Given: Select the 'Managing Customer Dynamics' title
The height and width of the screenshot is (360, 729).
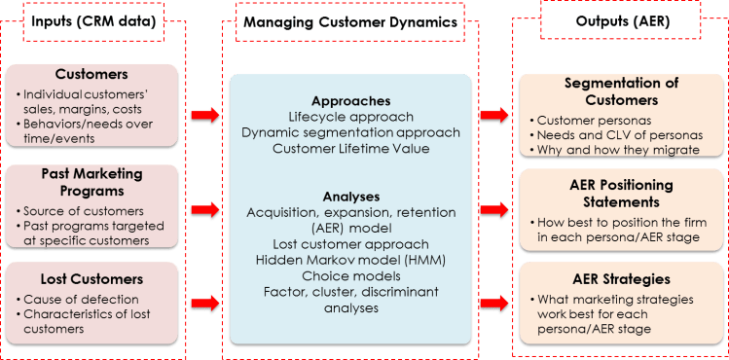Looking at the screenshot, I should pyautogui.click(x=350, y=21).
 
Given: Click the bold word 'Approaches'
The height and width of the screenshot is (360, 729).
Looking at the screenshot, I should pyautogui.click(x=350, y=101).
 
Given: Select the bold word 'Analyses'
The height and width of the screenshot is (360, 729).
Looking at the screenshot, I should pyautogui.click(x=350, y=195).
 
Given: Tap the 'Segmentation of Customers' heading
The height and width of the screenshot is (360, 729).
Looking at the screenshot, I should pyautogui.click(x=621, y=90).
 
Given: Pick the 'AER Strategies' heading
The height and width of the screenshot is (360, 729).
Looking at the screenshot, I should pyautogui.click(x=621, y=278).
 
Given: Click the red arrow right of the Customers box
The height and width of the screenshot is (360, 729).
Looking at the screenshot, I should pyautogui.click(x=203, y=116).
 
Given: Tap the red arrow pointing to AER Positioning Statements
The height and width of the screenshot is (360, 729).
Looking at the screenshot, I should pyautogui.click(x=496, y=209).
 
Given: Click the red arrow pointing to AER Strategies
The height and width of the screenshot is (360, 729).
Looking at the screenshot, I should pyautogui.click(x=496, y=303).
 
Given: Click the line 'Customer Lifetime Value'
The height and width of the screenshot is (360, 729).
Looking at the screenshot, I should pyautogui.click(x=350, y=149).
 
